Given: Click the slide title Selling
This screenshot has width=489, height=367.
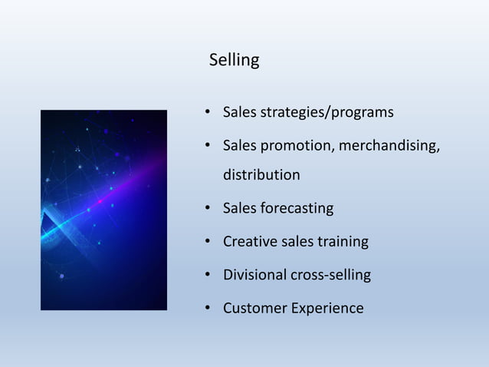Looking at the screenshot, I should (x=234, y=60).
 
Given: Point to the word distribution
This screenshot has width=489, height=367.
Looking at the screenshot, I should (x=261, y=175).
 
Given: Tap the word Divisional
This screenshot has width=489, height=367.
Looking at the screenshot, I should (x=254, y=275).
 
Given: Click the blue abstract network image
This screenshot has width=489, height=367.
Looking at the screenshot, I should (x=103, y=210).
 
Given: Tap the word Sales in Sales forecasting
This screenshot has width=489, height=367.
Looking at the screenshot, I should (x=240, y=208).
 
